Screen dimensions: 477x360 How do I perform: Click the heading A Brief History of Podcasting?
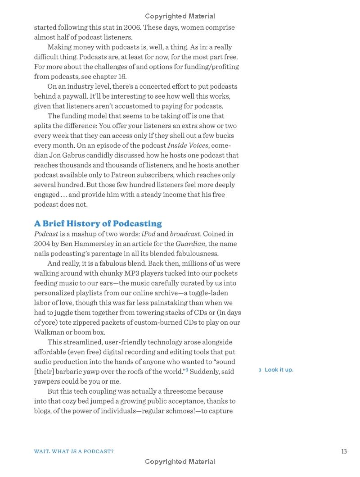tap(98, 223)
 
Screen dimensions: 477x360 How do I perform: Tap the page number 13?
tap(344, 451)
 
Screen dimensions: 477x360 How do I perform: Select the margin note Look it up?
tap(279, 370)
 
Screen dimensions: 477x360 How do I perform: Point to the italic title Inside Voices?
tap(188, 145)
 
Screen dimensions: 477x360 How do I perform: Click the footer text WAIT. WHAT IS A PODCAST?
tap(74, 451)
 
